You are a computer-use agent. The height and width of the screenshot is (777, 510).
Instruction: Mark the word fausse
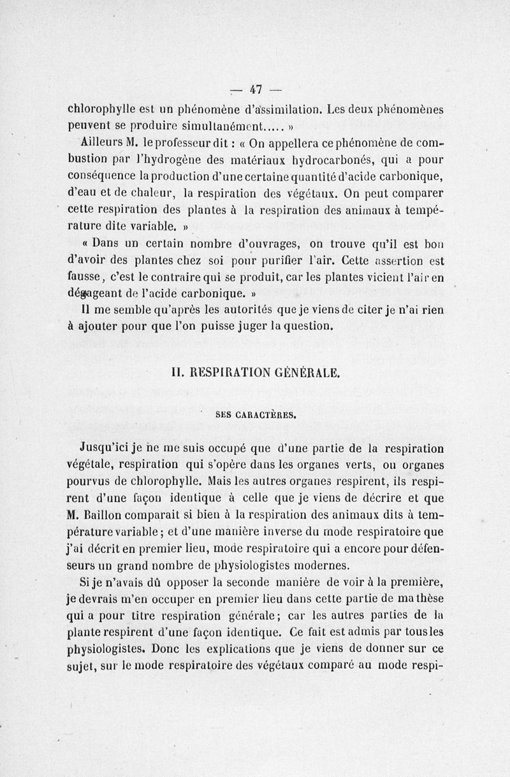pyautogui.click(x=85, y=278)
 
